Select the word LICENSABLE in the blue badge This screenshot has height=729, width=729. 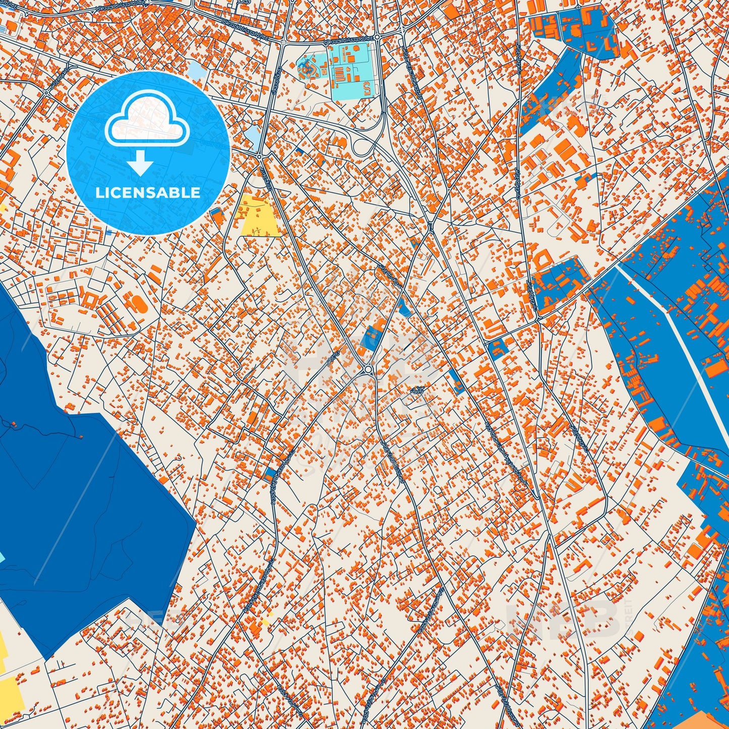coord(148,192)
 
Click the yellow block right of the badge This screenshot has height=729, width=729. coord(259,216)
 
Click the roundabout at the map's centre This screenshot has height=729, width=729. coord(369,370)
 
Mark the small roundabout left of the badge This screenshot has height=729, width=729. coord(47,93)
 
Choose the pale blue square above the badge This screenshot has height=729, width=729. coord(196,69)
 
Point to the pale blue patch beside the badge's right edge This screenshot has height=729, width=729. coord(252,135)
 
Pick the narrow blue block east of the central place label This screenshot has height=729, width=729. coord(456,380)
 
